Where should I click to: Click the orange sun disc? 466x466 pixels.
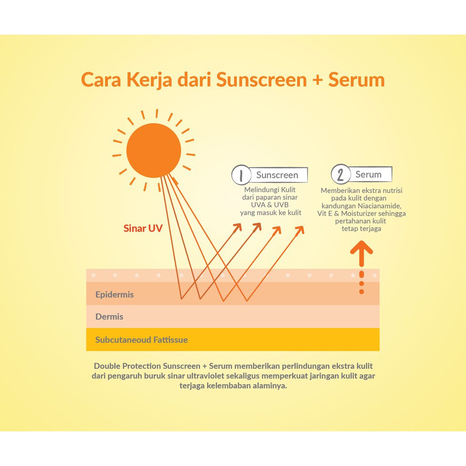click(x=153, y=150)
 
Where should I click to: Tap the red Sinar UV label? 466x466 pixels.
click(x=143, y=228)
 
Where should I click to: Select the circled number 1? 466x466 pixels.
click(x=241, y=175)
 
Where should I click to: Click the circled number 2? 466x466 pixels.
click(x=341, y=175)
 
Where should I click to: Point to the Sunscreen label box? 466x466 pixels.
click(x=277, y=175)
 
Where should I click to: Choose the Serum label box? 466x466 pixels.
click(x=369, y=174)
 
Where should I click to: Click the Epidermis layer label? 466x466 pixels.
click(x=115, y=294)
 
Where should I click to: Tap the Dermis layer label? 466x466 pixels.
click(x=109, y=317)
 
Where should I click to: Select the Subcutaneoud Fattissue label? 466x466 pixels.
click(x=142, y=340)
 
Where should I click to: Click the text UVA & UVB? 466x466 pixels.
click(x=270, y=205)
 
